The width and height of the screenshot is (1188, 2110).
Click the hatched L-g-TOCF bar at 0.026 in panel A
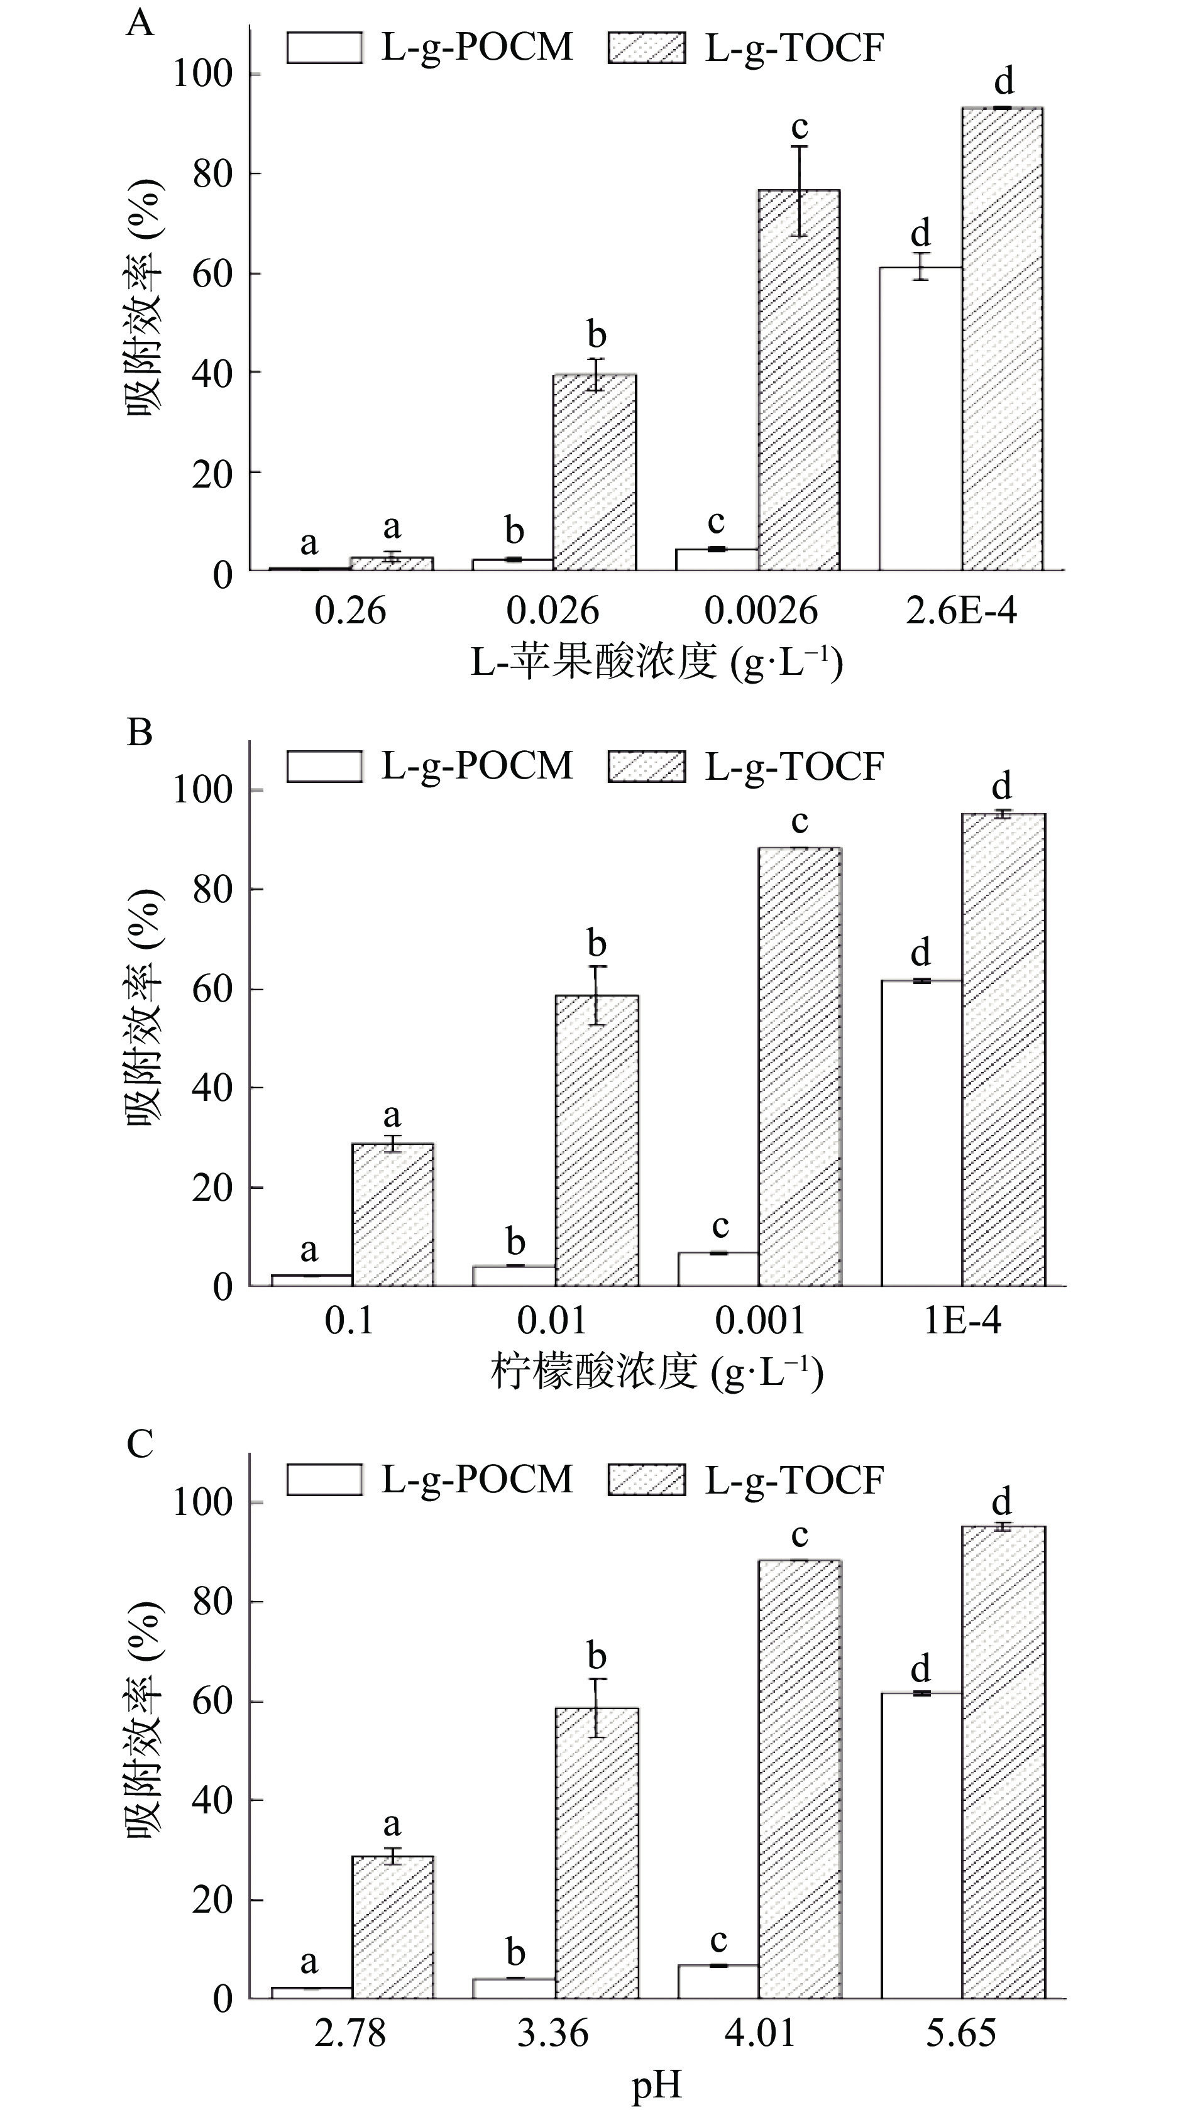point(595,472)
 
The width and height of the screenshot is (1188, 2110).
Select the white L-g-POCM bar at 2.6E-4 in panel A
point(920,418)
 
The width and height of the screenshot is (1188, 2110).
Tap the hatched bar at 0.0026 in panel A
point(799,380)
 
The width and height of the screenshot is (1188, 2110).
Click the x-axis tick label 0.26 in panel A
point(350,611)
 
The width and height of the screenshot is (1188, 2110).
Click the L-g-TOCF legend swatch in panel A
point(646,48)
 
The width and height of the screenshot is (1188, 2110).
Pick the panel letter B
point(140,731)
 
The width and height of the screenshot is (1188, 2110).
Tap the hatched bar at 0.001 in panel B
point(800,1066)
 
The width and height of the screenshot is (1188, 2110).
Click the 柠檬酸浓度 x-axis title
point(656,1372)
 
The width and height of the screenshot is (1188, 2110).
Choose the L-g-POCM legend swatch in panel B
point(324,766)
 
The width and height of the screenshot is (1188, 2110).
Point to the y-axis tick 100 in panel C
point(202,1503)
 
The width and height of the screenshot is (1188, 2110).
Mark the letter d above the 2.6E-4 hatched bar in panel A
point(1004,81)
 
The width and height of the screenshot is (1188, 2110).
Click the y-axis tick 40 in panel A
point(213,373)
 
